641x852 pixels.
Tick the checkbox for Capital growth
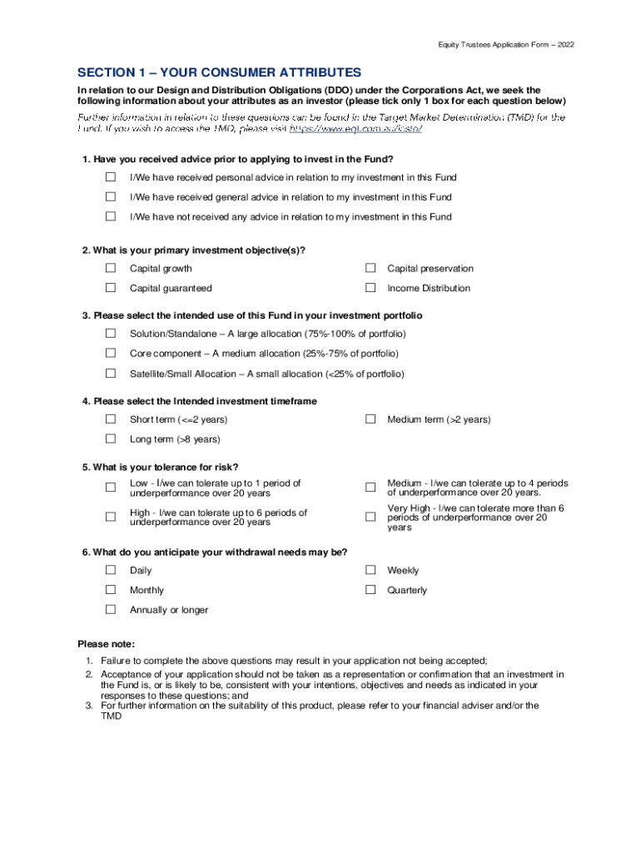111,268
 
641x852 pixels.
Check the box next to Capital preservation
370,268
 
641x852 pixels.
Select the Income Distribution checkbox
370,288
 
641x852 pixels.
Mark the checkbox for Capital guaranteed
111,288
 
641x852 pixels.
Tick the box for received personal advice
111,177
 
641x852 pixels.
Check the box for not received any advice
111,216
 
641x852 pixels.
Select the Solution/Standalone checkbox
111,333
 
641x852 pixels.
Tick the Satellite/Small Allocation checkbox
111,374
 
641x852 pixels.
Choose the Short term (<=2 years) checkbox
111,419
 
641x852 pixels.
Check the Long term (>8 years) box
111,438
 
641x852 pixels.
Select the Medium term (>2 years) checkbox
370,419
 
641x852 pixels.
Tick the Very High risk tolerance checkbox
370,518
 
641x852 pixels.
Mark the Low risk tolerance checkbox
111,488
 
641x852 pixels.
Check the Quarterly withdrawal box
370,590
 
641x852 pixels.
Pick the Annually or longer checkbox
111,609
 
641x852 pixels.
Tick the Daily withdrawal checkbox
111,570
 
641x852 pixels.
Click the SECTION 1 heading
219,72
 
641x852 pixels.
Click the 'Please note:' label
106,644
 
